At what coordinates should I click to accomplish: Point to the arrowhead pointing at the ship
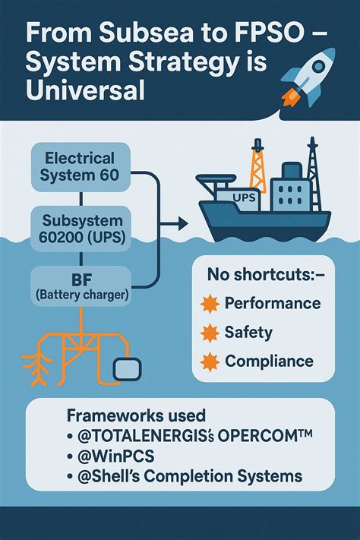pyautogui.click(x=182, y=225)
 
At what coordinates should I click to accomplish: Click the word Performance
pyautogui.click(x=273, y=304)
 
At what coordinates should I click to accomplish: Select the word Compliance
pyautogui.click(x=269, y=362)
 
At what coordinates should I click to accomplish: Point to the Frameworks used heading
pyautogui.click(x=137, y=416)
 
